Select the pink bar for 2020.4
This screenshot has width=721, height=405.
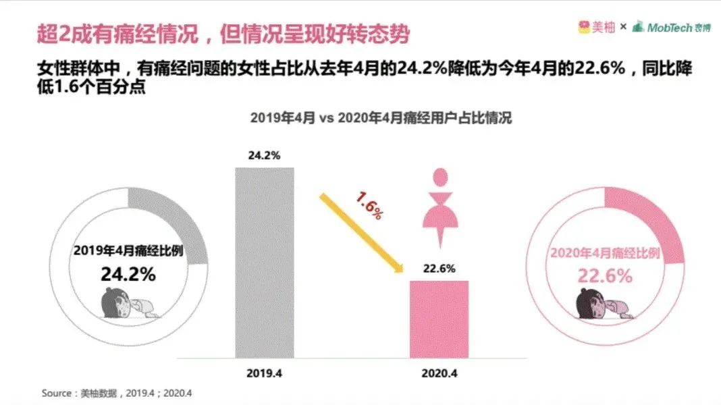(x=439, y=319)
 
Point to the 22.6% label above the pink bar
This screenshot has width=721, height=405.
(x=439, y=268)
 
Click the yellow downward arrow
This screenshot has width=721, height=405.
(x=360, y=234)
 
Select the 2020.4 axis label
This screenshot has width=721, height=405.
(x=439, y=372)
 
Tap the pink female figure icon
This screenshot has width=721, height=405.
(x=440, y=206)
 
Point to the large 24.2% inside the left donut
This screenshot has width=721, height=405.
(x=128, y=274)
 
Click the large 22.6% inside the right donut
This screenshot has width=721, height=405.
(x=605, y=275)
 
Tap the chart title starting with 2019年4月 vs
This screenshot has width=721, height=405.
(x=381, y=117)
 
